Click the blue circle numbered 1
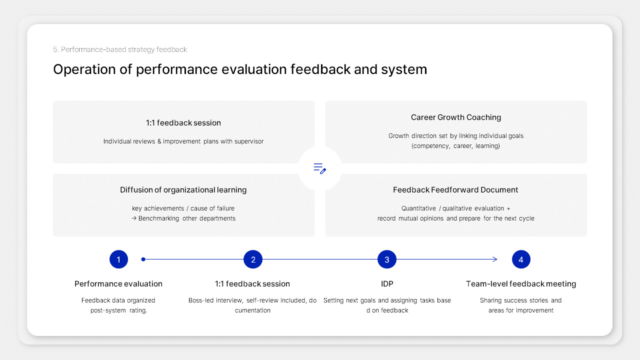(118, 259)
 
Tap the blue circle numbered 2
(253, 259)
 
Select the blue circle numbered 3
(387, 259)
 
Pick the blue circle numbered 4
(521, 259)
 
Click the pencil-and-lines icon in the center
(320, 168)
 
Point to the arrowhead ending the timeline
(495, 259)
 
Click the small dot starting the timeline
(143, 259)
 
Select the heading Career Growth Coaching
(456, 117)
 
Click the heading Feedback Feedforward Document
(455, 190)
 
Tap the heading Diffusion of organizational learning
(183, 190)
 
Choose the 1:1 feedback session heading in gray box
(183, 123)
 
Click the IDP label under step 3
(387, 284)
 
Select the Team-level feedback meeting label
(521, 284)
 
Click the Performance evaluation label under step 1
(118, 284)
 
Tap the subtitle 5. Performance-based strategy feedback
(120, 49)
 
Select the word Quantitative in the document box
(418, 208)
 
